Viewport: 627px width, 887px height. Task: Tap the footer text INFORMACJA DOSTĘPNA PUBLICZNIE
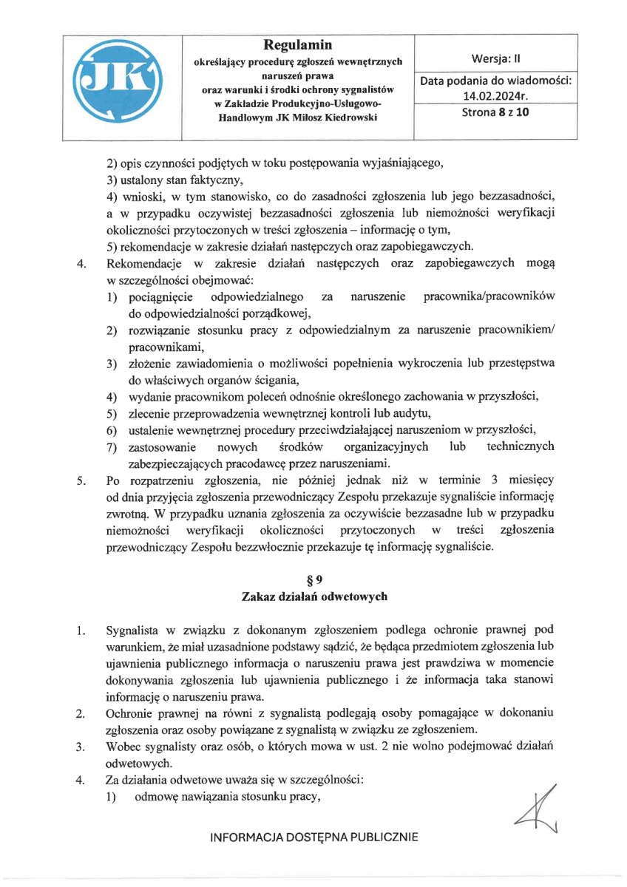pyautogui.click(x=314, y=837)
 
